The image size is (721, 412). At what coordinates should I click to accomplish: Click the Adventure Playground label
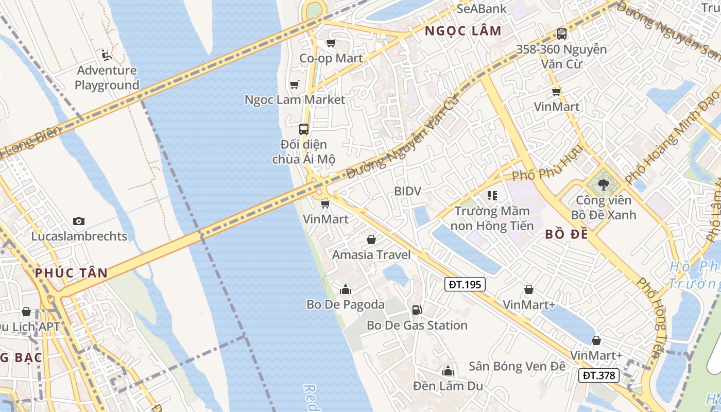(x=107, y=78)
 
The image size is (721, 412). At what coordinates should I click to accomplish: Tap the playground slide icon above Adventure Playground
(x=107, y=55)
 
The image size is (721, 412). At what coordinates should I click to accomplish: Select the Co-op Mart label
(x=331, y=58)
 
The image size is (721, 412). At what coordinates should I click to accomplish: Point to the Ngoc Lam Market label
(x=295, y=99)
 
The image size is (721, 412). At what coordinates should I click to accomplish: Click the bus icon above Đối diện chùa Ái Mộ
(x=304, y=129)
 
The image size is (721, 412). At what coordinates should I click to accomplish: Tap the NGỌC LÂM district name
(x=463, y=31)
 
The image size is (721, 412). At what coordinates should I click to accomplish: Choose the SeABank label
(x=482, y=8)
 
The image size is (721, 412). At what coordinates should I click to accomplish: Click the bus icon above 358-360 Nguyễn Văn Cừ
(x=562, y=34)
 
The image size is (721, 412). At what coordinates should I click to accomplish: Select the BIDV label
(x=407, y=191)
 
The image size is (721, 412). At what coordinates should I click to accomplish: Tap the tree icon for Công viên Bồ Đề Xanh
(x=603, y=184)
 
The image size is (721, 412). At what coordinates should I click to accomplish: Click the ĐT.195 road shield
(x=465, y=284)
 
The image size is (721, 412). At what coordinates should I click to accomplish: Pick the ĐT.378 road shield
(x=599, y=375)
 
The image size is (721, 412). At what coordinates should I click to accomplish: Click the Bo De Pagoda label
(x=346, y=304)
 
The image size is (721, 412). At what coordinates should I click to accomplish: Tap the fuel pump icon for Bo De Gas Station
(x=417, y=310)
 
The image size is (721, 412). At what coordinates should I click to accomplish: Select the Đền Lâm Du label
(x=448, y=386)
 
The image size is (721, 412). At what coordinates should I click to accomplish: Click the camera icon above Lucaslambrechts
(x=79, y=221)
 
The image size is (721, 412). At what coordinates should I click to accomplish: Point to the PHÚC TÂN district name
(x=72, y=273)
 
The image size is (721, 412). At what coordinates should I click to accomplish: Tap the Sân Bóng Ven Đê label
(x=517, y=366)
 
